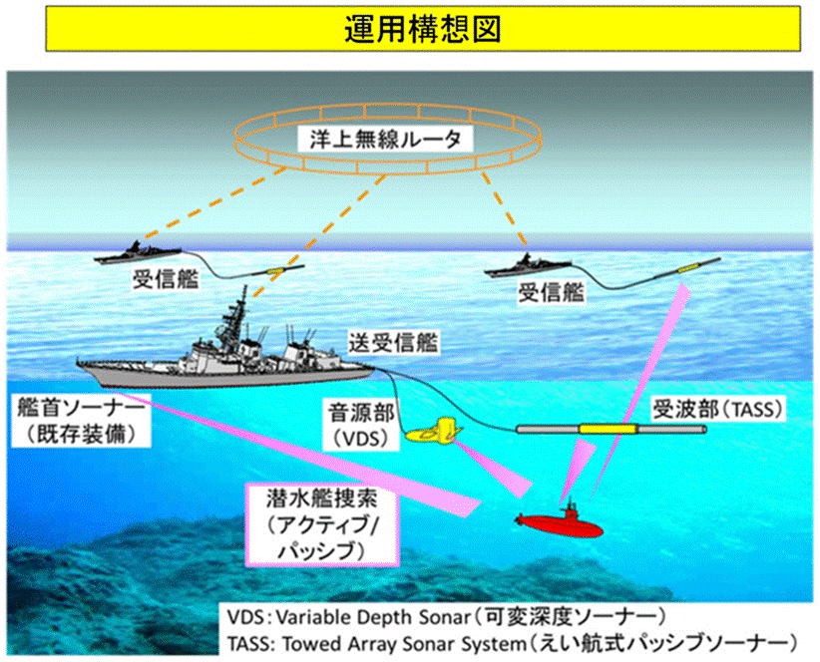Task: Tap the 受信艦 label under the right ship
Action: [552, 291]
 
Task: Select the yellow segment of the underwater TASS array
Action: [609, 430]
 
